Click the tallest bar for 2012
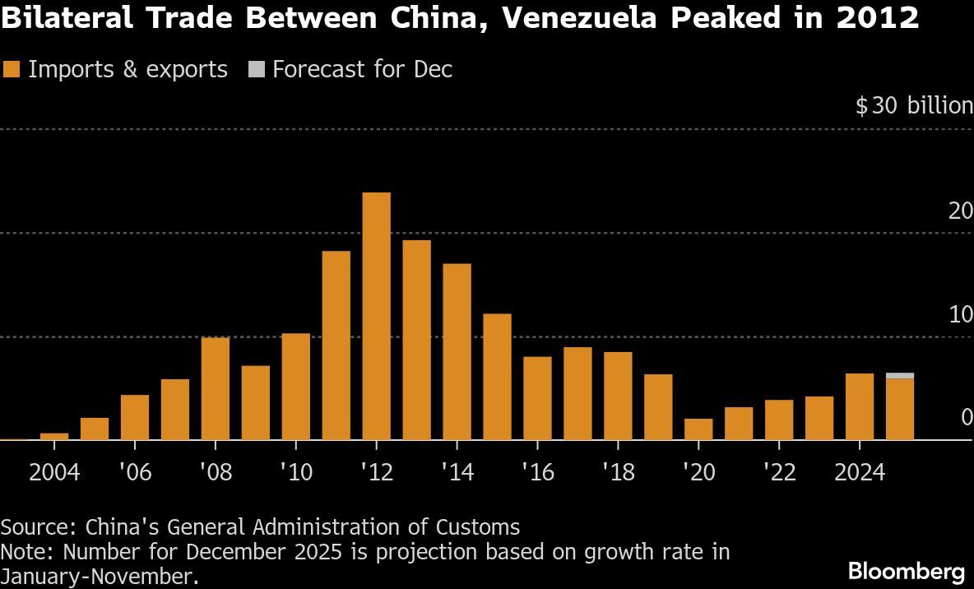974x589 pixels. pyautogui.click(x=376, y=316)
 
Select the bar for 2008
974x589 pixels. pyautogui.click(x=216, y=388)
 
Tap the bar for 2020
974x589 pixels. pyautogui.click(x=698, y=429)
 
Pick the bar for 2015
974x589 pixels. pyautogui.click(x=497, y=377)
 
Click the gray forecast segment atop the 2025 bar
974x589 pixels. pyautogui.click(x=900, y=376)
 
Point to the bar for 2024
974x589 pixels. pyautogui.click(x=860, y=406)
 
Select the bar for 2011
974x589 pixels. pyautogui.click(x=336, y=346)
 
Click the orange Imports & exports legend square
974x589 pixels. pyautogui.click(x=12, y=70)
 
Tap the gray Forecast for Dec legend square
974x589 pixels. pyautogui.click(x=256, y=70)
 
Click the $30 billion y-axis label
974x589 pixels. pyautogui.click(x=913, y=106)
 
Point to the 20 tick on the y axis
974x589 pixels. pyautogui.click(x=960, y=211)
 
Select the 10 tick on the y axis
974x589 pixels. pyautogui.click(x=960, y=315)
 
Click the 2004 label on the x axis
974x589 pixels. pyautogui.click(x=54, y=473)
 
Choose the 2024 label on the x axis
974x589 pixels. pyautogui.click(x=859, y=473)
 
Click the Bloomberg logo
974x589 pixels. pyautogui.click(x=906, y=570)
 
